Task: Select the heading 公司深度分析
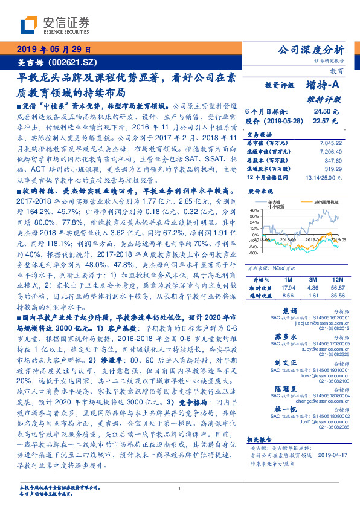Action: coord(310,50)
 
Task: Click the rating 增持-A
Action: coord(321,86)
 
